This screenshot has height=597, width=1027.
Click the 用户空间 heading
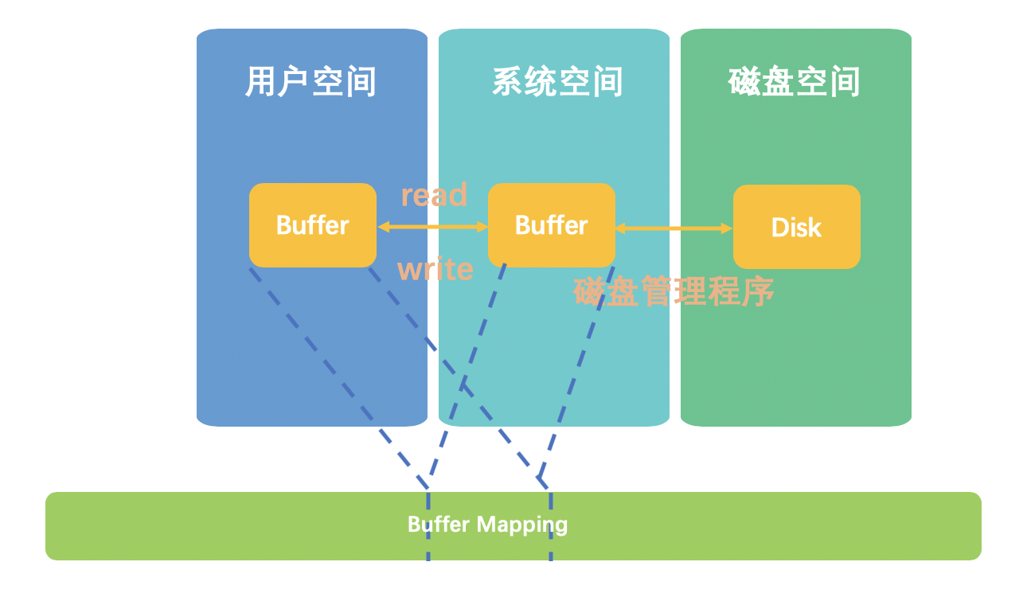point(310,82)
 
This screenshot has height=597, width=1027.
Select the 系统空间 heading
point(556,82)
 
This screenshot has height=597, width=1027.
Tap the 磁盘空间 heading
point(794,82)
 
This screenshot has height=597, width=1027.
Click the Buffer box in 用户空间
point(312,225)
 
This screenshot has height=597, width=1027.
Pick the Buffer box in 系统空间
point(551,225)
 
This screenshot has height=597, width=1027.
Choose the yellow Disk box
point(796,227)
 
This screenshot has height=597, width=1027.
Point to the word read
point(434,195)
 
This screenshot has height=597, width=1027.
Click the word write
point(435,270)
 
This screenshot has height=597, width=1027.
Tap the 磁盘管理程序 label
point(674,292)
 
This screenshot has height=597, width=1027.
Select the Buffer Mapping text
point(487,525)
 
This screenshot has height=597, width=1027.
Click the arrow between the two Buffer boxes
point(432,227)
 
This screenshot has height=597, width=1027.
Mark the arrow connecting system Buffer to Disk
point(674,228)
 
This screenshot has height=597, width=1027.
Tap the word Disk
point(796,228)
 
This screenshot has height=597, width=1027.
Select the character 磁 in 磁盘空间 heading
point(744,82)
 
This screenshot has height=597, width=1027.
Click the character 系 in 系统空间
point(508,82)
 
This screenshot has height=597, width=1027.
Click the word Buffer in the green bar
point(439,525)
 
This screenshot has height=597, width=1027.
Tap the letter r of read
point(407,196)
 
